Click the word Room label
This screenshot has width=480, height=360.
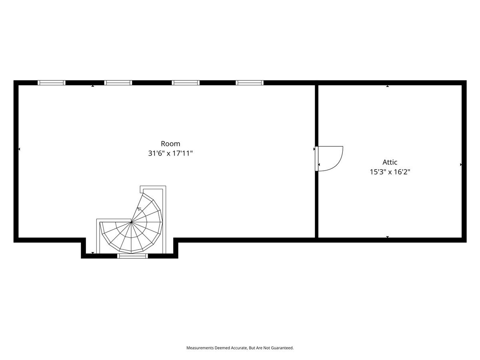tap(170, 144)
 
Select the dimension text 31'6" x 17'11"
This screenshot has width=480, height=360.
tap(170, 153)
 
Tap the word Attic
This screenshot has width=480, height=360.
tap(390, 162)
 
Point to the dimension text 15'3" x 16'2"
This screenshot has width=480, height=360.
tap(390, 172)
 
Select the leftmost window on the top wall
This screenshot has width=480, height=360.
tap(52, 83)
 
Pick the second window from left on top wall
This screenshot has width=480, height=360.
tap(118, 83)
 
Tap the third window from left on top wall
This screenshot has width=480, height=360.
tap(186, 83)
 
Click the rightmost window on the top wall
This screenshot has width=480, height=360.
tap(250, 83)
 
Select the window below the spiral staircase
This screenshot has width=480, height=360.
tap(132, 256)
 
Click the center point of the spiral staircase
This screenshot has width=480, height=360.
tap(131, 222)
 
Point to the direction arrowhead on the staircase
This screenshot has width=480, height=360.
tap(138, 208)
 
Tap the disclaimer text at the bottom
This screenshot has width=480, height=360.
tap(240, 348)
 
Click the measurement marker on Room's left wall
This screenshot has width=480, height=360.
tap(19, 149)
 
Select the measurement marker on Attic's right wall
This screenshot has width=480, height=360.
tap(461, 164)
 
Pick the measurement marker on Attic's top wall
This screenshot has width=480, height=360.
tap(388, 86)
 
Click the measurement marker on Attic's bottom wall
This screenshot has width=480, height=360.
tap(388, 237)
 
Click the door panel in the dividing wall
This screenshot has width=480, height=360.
tap(316, 159)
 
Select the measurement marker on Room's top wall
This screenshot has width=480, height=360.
tap(93, 86)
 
